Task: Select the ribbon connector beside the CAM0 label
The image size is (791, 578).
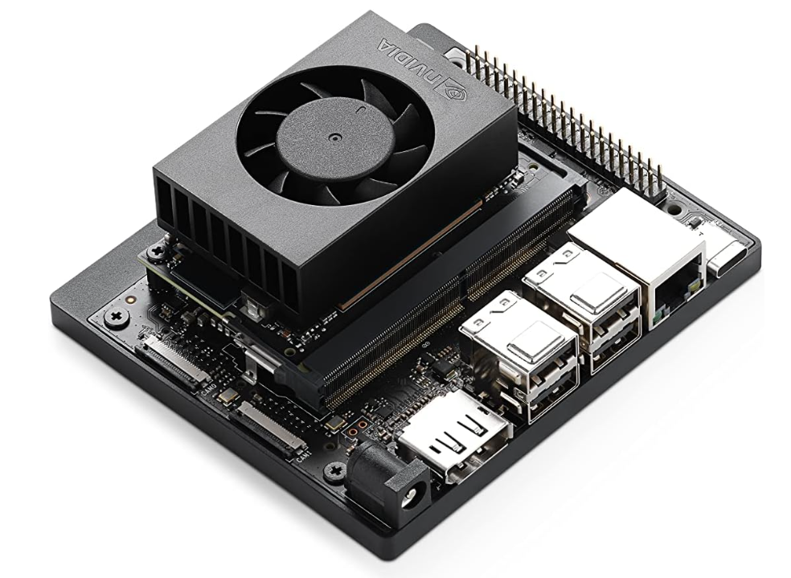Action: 173,359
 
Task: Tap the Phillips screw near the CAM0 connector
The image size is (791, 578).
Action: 117,315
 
